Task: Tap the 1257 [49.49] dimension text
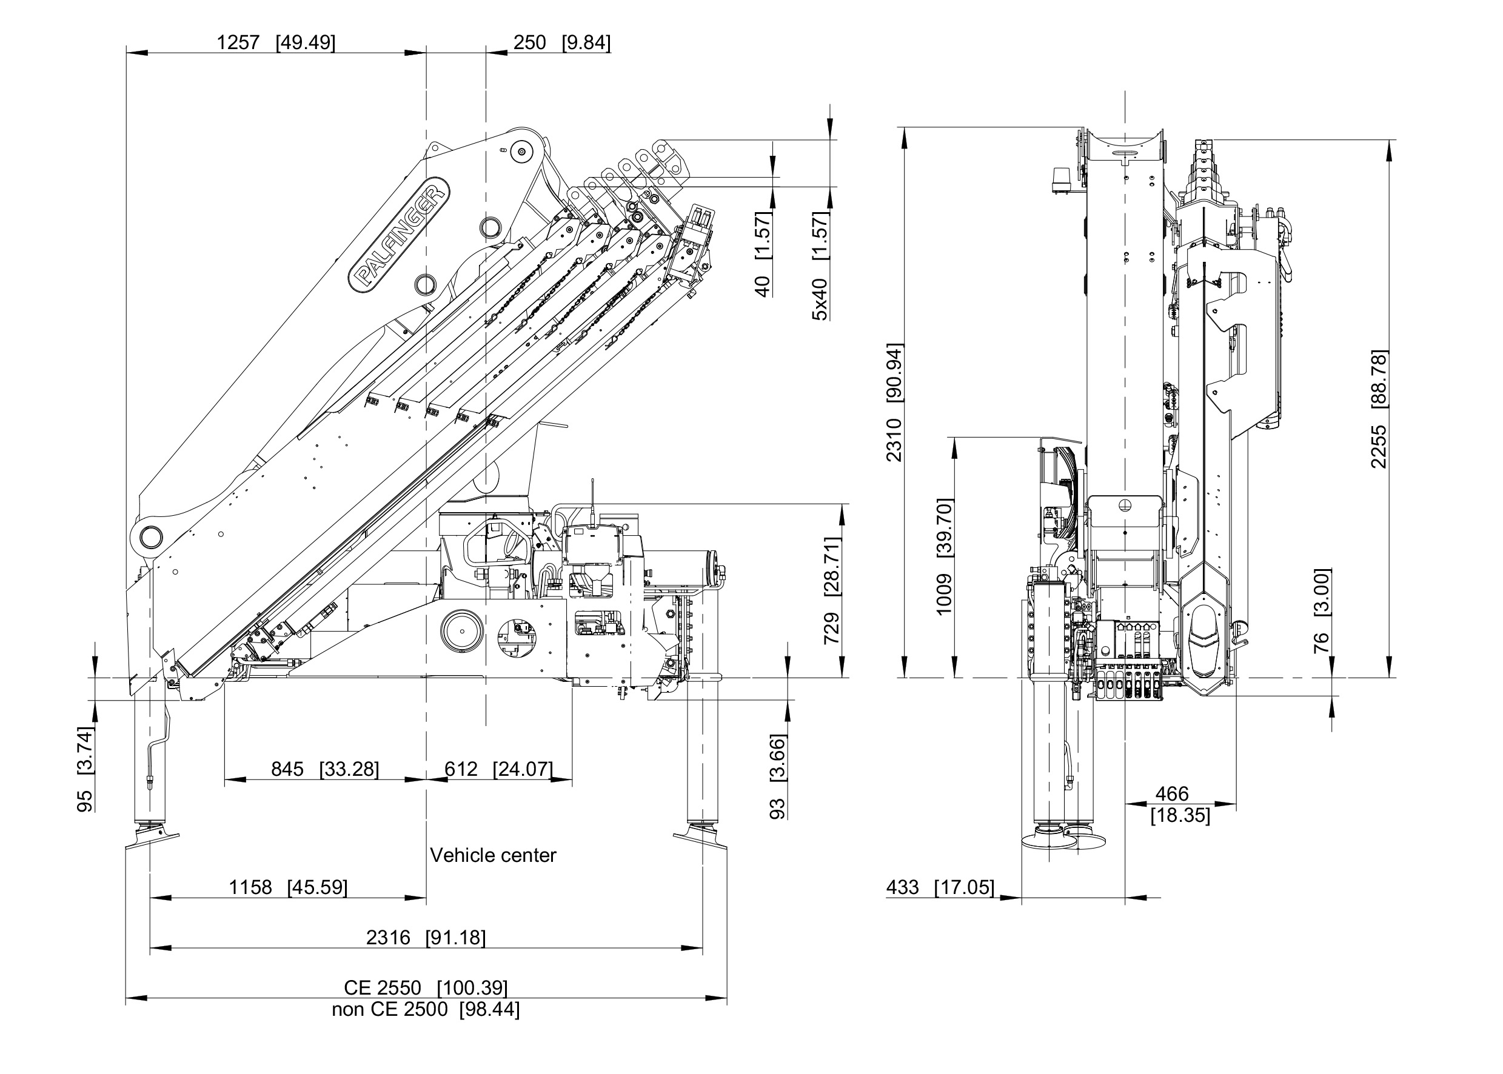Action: [276, 43]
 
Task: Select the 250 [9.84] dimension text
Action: [561, 43]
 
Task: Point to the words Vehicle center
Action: [493, 855]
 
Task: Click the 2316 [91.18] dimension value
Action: [426, 937]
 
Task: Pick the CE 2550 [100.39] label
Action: [426, 987]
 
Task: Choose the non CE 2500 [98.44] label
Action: [426, 1009]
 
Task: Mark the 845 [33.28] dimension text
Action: [325, 769]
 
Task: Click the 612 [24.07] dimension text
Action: [498, 769]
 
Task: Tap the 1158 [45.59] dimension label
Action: [288, 887]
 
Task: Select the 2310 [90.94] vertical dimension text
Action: [894, 402]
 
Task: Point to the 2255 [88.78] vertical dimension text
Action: [1379, 409]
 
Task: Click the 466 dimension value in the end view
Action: [1171, 793]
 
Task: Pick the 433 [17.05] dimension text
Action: [939, 887]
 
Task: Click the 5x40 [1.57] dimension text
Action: [820, 266]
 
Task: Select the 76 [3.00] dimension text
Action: [1321, 610]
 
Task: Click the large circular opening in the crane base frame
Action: [462, 632]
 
